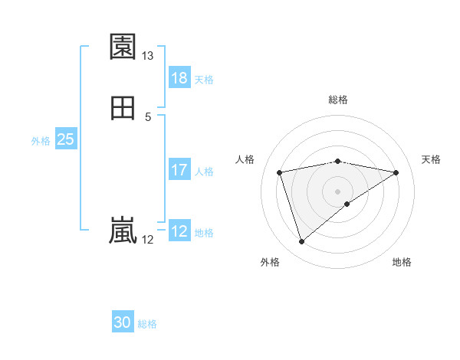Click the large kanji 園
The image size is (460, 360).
point(123,47)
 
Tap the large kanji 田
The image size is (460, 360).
point(123,108)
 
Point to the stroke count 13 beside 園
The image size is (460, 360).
point(148,56)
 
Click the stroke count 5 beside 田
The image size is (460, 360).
point(148,116)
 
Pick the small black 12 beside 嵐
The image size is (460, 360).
point(148,240)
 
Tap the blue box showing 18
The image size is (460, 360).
point(179,78)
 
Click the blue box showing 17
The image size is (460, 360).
point(179,170)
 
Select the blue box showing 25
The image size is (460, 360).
point(66,139)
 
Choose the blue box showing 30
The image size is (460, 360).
point(123,322)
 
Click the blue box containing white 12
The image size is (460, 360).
point(179,231)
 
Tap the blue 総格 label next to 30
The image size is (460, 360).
point(147,324)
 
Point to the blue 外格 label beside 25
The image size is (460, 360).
point(41,141)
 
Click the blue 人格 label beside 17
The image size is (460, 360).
point(205,172)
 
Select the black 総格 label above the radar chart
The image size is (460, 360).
point(338,100)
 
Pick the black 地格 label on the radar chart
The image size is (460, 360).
point(402,263)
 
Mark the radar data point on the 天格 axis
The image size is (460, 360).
point(396,172)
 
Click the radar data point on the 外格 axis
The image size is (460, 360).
point(301,242)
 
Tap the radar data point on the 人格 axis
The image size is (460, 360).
point(280,172)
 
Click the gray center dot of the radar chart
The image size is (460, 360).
point(338,191)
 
